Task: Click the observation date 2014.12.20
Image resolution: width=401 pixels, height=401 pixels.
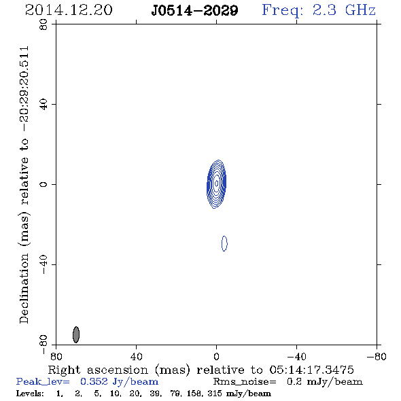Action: click(69, 10)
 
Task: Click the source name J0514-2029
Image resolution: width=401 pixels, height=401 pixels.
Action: click(194, 11)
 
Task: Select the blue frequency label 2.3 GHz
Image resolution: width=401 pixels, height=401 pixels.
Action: click(344, 10)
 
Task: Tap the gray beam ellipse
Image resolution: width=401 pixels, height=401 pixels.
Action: click(76, 334)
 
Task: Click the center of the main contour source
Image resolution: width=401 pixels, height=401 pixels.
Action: click(216, 184)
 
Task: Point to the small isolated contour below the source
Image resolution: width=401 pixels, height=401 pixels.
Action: click(224, 243)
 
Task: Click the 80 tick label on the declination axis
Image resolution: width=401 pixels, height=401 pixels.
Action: click(43, 24)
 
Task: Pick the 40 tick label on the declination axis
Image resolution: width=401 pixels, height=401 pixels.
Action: click(43, 105)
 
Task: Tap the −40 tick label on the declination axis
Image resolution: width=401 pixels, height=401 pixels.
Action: click(43, 264)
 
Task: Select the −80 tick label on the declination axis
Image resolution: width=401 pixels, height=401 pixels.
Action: click(43, 345)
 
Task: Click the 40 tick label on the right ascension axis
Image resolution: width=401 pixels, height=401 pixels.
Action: click(136, 357)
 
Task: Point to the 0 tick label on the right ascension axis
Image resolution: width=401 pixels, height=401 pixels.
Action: click(216, 357)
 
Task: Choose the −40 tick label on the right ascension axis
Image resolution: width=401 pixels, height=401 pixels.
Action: click(296, 357)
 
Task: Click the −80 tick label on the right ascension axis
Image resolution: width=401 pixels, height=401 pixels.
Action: click(377, 357)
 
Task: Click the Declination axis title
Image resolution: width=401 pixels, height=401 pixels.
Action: click(24, 185)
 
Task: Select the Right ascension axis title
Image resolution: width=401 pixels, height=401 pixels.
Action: click(201, 370)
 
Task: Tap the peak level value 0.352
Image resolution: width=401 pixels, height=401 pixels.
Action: click(94, 381)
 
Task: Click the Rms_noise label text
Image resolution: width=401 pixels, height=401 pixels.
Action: click(245, 382)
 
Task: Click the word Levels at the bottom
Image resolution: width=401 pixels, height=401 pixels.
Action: click(30, 394)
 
